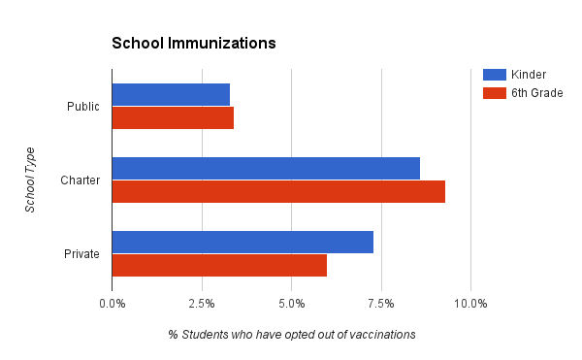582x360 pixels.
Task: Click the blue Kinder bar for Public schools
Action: click(171, 94)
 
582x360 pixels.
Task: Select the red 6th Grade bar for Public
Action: click(173, 118)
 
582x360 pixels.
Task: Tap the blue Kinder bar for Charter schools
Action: click(266, 168)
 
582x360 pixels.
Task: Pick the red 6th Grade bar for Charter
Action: click(278, 191)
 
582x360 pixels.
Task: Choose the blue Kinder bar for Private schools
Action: click(242, 242)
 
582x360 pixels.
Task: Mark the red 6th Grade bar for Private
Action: click(219, 265)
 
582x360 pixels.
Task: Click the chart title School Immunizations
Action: click(194, 44)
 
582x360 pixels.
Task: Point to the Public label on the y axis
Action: click(83, 107)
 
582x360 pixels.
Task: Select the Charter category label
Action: click(81, 180)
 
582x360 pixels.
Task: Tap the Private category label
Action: click(82, 254)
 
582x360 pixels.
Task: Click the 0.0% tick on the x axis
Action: click(113, 304)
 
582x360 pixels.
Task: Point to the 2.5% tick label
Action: click(202, 304)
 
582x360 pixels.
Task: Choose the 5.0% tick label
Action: click(291, 304)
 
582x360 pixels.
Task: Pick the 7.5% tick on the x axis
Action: click(381, 304)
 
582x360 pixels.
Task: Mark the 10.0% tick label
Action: click(470, 304)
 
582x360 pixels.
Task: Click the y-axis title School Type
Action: click(30, 180)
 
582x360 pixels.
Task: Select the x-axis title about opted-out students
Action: click(291, 335)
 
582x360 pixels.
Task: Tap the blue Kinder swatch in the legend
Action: click(495, 75)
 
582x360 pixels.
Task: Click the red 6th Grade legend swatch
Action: click(495, 93)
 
